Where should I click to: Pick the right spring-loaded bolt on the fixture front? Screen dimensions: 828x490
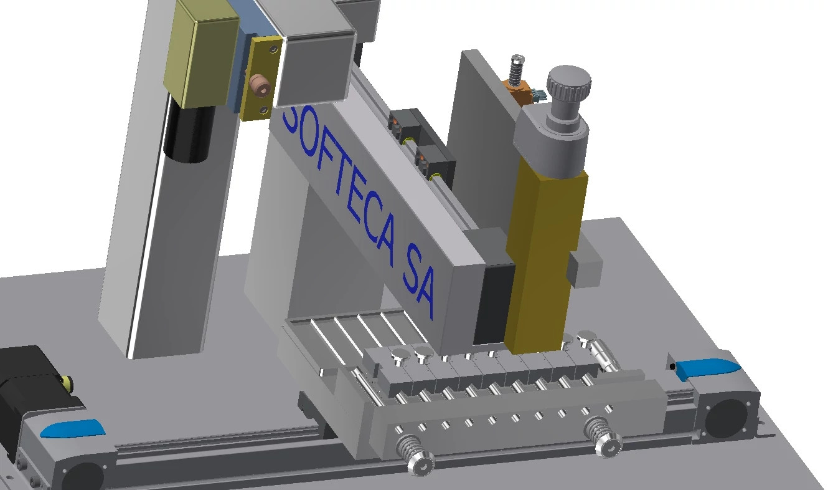[x=603, y=437]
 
